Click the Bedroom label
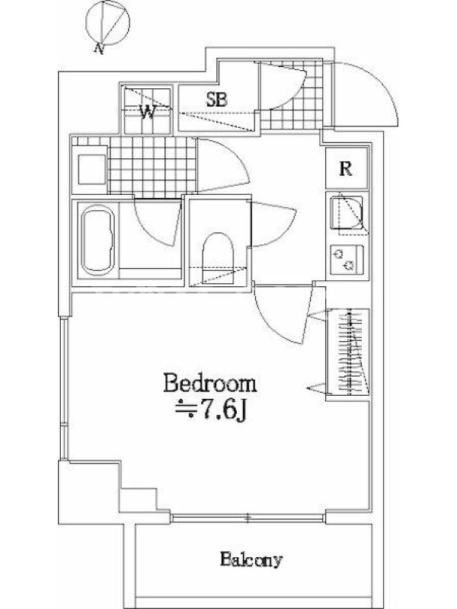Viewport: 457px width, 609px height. coord(210,384)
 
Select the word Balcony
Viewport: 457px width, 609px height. coord(251,560)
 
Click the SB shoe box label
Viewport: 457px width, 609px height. coord(216,100)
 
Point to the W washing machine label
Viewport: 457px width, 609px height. coord(148,112)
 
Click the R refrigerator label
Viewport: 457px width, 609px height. coord(346,168)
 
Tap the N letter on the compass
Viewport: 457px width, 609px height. coord(100,49)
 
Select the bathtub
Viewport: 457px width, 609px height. coord(98,241)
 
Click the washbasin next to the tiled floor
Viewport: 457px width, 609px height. coord(92,169)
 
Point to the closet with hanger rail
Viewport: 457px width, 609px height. coord(347,352)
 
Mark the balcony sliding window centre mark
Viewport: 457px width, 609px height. coord(248,518)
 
